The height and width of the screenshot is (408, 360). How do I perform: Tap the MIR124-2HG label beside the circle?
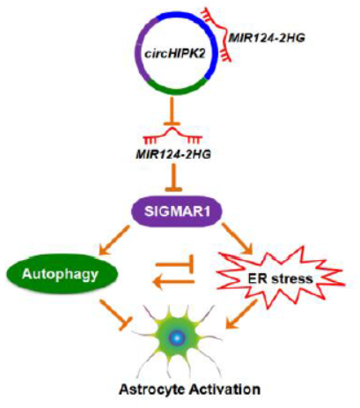(267, 38)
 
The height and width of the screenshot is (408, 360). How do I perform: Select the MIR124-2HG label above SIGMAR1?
(173, 154)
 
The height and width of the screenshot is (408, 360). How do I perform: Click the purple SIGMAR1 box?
(177, 212)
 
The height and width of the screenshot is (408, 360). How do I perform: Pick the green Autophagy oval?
(62, 274)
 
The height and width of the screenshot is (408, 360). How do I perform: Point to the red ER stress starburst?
(280, 278)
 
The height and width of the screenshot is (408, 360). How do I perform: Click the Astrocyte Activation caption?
(190, 389)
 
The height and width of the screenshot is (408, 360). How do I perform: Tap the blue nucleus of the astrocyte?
(177, 338)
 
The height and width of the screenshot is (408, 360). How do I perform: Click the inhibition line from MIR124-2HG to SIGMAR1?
(173, 178)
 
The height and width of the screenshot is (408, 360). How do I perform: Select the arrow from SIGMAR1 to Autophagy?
(114, 240)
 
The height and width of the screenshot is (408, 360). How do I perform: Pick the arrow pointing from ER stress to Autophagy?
(175, 283)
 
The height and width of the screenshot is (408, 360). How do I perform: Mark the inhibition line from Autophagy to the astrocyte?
(115, 315)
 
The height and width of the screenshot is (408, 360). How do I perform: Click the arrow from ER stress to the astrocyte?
(242, 315)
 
